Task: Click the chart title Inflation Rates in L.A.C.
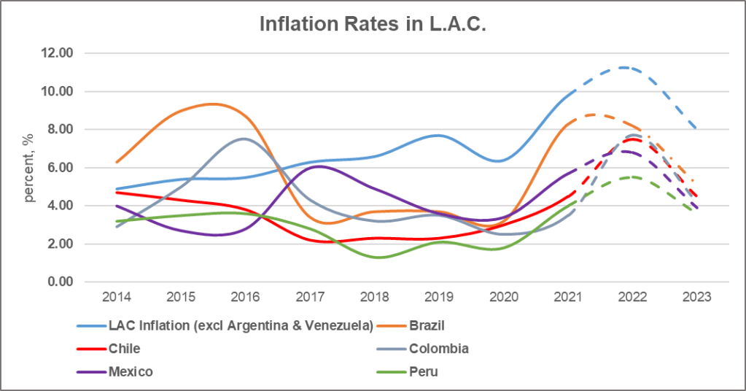point(373,23)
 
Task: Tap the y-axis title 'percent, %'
point(31,168)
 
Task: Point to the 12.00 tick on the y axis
point(64,53)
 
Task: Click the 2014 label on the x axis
point(117,298)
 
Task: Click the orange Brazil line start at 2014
point(117,162)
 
